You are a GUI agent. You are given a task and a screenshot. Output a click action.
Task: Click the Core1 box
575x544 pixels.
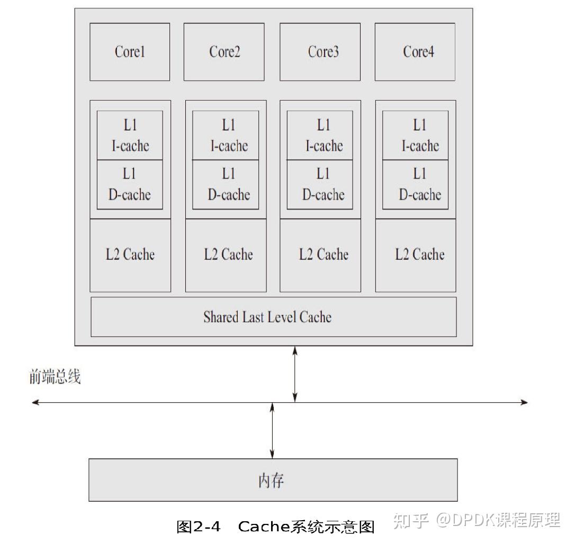coord(130,52)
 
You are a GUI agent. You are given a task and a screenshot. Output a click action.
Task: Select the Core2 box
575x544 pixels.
coord(224,52)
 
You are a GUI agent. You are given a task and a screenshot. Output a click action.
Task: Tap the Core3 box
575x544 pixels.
coord(320,52)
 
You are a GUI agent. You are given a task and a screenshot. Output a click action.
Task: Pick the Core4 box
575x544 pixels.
coord(415,52)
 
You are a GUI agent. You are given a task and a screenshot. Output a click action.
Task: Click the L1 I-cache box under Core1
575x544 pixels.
coord(130,135)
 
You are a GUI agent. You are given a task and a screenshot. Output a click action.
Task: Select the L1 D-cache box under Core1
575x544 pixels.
coord(130,185)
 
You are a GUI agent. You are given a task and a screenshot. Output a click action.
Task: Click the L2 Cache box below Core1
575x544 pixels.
coord(130,255)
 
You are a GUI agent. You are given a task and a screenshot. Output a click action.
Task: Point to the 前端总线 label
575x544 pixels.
coord(55,377)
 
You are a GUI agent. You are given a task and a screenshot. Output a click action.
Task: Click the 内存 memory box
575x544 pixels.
coord(273,480)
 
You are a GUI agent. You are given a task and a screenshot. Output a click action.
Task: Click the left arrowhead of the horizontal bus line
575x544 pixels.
coord(35,403)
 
